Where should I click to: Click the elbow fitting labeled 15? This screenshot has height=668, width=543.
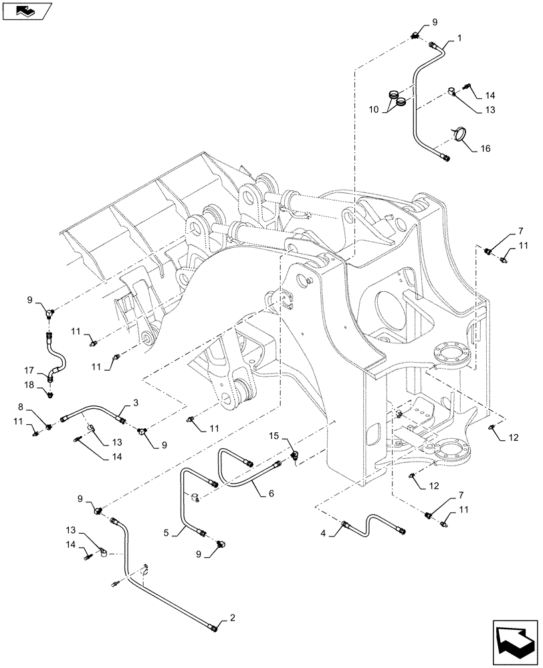pyautogui.click(x=295, y=455)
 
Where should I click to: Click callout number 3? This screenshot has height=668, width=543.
pyautogui.click(x=136, y=402)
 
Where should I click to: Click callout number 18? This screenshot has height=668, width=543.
pyautogui.click(x=29, y=385)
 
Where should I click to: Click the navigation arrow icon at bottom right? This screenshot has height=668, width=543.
pyautogui.click(x=514, y=644)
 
